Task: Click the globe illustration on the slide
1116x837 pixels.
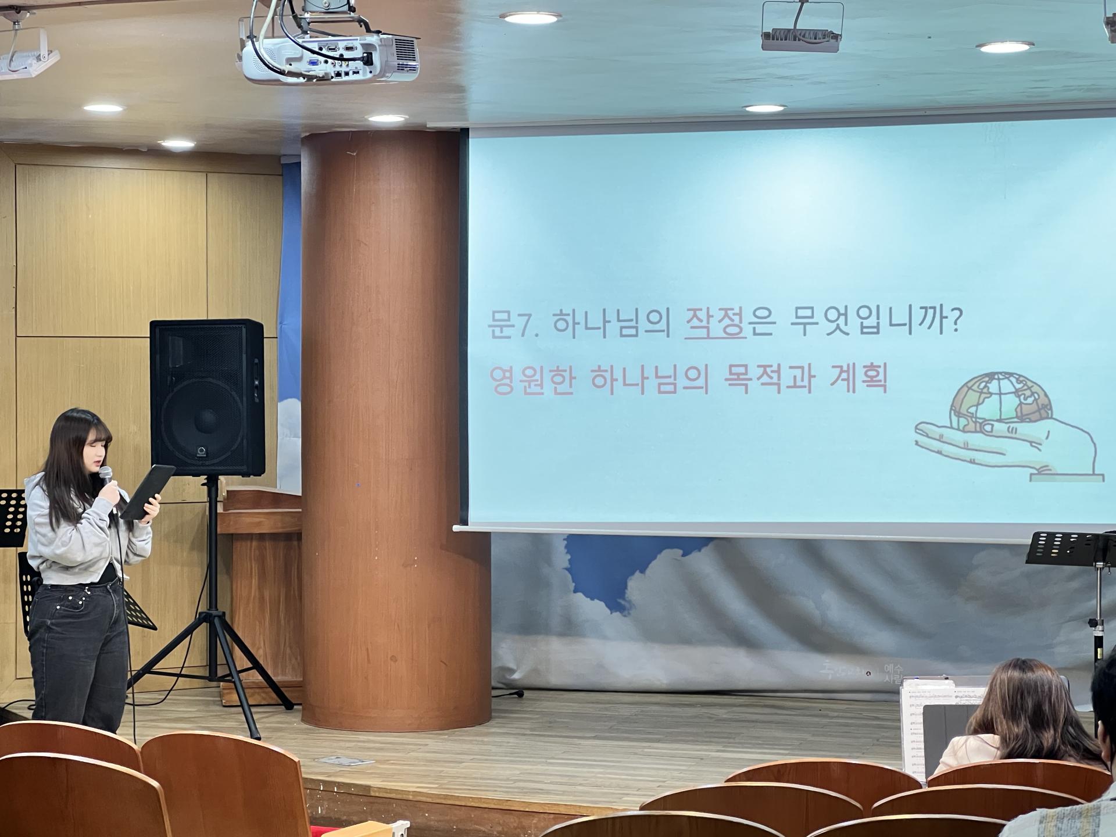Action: click(995, 398)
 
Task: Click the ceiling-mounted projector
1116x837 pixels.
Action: click(329, 55)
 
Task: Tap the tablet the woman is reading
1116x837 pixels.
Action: click(148, 492)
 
